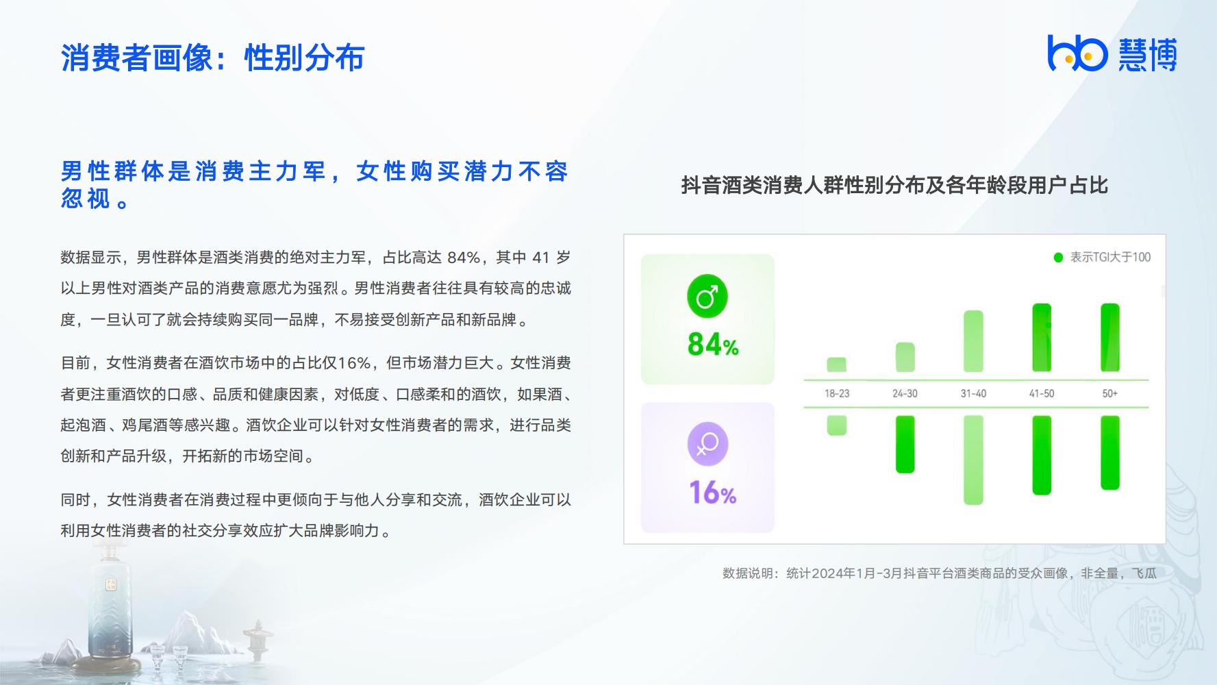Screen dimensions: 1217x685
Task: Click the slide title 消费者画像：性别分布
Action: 212,58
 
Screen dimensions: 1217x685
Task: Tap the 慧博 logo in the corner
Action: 1112,53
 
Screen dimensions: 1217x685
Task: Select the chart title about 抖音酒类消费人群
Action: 894,185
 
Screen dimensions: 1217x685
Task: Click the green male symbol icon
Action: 707,297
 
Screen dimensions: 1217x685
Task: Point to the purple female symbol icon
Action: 707,445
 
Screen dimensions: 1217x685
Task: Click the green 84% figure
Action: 713,345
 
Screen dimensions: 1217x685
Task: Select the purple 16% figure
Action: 713,493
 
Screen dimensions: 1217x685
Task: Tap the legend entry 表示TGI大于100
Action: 1102,258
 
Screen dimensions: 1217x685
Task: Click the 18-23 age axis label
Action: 837,394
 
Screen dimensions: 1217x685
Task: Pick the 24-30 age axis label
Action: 905,394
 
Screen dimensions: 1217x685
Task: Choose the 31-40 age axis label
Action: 973,394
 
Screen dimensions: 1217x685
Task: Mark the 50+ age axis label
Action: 1110,394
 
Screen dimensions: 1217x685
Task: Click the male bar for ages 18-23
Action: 837,364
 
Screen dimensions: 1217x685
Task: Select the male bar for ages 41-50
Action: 1042,338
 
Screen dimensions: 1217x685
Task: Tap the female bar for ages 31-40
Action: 973,460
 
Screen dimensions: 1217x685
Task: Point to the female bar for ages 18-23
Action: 837,425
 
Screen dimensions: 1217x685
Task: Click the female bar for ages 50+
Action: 1110,453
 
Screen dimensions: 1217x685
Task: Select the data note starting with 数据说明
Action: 940,573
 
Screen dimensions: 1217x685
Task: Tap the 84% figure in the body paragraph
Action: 464,258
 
